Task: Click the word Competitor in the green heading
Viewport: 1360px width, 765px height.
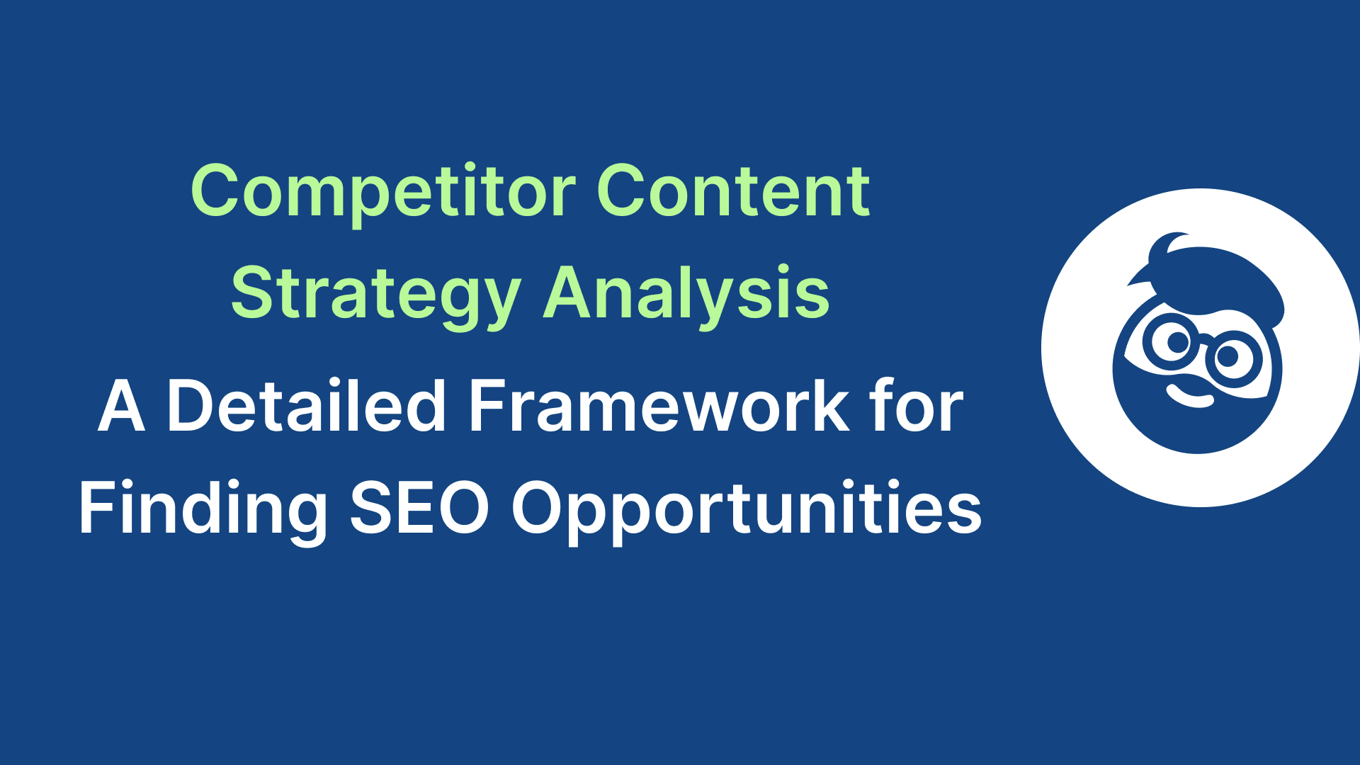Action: (x=383, y=191)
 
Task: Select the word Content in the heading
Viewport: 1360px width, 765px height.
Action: (x=733, y=191)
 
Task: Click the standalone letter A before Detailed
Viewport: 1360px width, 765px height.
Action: (x=122, y=407)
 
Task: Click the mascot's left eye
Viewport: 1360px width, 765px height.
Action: (x=1176, y=342)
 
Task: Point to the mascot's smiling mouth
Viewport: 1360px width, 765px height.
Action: (x=1190, y=397)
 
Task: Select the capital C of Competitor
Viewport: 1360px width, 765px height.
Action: (x=220, y=191)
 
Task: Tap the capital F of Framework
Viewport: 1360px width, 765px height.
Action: (x=490, y=407)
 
